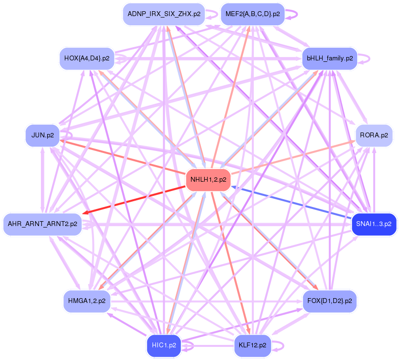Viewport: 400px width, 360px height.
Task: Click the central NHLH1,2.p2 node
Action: pos(208,180)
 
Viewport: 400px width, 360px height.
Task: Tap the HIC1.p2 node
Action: pos(164,345)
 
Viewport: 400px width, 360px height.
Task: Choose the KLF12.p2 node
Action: pos(252,345)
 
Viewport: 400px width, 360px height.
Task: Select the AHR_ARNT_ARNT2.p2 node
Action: pos(42,224)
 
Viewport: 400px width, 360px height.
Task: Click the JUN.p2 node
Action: pos(42,135)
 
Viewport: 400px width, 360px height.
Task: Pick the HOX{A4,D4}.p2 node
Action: pos(87,58)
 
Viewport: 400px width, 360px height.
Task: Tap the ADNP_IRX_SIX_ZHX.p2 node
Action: pos(164,14)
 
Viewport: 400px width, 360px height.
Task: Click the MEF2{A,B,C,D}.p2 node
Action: pos(252,14)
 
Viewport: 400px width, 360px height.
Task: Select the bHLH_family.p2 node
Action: pos(330,58)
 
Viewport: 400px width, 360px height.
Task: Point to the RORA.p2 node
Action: pos(374,135)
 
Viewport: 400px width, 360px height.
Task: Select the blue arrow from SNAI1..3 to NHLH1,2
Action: pos(292,203)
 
